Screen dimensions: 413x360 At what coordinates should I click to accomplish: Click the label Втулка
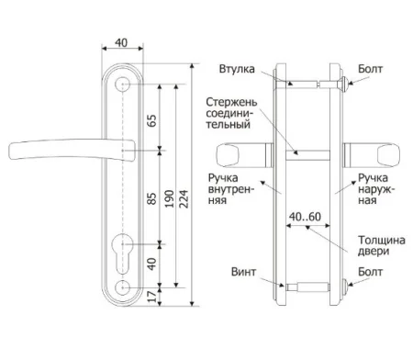pyautogui.click(x=237, y=69)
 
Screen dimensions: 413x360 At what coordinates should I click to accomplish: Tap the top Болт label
pyautogui.click(x=371, y=69)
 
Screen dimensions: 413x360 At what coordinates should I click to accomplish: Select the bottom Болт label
pyautogui.click(x=371, y=272)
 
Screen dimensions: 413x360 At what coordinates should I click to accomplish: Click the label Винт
pyautogui.click(x=243, y=272)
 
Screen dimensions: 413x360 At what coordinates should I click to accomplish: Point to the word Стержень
pyautogui.click(x=231, y=102)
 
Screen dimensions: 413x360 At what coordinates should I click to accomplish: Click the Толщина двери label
pyautogui.click(x=382, y=245)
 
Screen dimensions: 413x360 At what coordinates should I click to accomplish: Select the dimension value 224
pyautogui.click(x=184, y=199)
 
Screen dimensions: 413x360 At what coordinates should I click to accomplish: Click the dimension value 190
pyautogui.click(x=169, y=199)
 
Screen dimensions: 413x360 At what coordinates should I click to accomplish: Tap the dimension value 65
pyautogui.click(x=151, y=120)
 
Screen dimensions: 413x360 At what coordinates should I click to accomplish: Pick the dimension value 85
pyautogui.click(x=151, y=198)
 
